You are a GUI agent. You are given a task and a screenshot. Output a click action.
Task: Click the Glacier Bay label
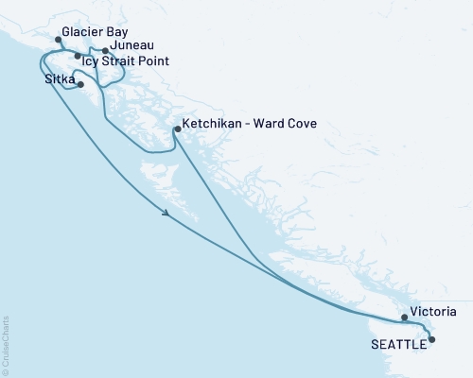point(95,31)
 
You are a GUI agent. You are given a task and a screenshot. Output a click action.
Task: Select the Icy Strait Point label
point(126,60)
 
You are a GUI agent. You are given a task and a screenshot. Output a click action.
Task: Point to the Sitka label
point(61,80)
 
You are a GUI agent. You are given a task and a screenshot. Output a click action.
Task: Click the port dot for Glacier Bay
point(59,41)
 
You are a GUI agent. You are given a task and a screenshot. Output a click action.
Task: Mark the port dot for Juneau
point(104,49)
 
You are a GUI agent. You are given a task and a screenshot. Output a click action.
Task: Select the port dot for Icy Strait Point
point(78,56)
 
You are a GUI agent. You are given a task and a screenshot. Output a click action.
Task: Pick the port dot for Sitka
point(81,85)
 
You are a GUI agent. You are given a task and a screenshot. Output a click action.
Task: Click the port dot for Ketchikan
point(177,129)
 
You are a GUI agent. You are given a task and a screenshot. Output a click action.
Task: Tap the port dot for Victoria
point(404,318)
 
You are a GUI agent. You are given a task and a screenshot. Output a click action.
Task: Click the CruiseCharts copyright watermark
point(7,345)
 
